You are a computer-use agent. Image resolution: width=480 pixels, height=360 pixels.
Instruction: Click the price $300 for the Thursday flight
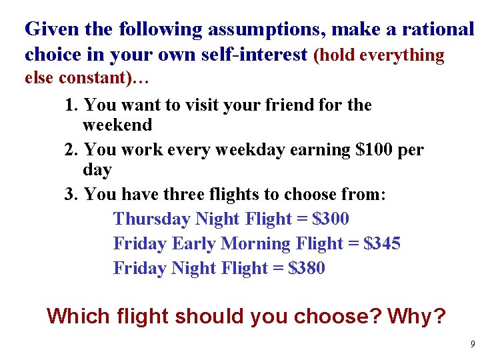[331, 219]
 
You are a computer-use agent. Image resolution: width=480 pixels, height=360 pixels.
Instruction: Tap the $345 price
[382, 243]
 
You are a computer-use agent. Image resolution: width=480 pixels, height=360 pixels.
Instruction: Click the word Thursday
[152, 219]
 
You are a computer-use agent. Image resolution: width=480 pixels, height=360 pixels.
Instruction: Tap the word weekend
[117, 125]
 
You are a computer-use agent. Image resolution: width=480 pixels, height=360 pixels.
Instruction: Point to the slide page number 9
[473, 345]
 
